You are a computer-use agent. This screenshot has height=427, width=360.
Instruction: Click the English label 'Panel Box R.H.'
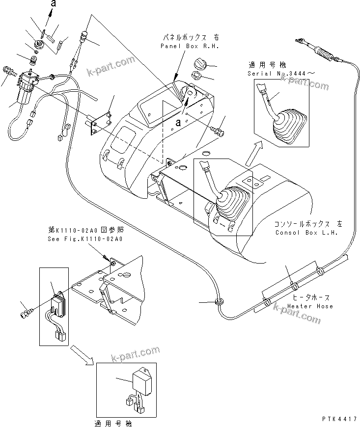pyautogui.click(x=189, y=46)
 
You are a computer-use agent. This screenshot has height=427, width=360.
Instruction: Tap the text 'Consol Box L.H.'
pyautogui.click(x=306, y=233)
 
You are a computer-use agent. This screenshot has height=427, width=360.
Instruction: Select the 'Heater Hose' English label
pyautogui.click(x=310, y=306)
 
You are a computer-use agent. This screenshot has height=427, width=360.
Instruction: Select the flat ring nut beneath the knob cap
pyautogui.click(x=195, y=76)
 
